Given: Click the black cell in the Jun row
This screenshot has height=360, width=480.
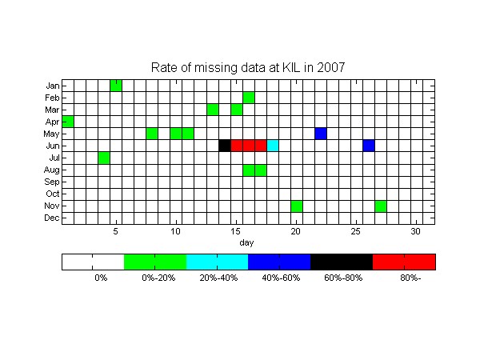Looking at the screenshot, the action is [225, 146].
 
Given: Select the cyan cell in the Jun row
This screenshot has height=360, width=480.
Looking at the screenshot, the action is [273, 146].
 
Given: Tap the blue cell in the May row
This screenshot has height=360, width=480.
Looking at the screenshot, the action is [321, 134].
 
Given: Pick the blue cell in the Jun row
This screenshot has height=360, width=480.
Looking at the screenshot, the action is [369, 146].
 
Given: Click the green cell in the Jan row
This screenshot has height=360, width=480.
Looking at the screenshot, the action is [116, 86].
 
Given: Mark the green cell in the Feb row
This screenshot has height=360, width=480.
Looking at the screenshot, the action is [249, 98].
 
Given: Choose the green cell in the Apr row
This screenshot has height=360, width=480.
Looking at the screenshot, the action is [68, 122].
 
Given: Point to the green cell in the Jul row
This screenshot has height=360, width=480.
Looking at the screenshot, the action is [104, 158].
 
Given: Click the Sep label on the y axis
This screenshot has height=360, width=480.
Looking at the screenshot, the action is [52, 182].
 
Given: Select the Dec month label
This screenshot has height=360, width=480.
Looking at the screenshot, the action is [52, 218].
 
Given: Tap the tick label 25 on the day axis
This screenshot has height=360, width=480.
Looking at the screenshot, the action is [355, 231].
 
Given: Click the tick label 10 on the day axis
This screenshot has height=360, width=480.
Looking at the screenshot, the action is [175, 231].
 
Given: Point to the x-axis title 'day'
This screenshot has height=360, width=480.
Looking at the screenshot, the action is [246, 242].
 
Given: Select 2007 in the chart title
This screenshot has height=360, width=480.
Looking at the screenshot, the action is [331, 67].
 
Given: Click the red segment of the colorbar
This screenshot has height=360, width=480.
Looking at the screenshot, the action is [404, 262].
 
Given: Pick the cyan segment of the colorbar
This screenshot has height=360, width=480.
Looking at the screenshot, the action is [218, 262].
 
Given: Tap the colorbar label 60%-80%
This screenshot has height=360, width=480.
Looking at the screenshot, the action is [343, 278].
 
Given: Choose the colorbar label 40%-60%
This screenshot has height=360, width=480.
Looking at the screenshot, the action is [281, 278].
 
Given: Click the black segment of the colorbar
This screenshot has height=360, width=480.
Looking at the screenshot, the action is [342, 262].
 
